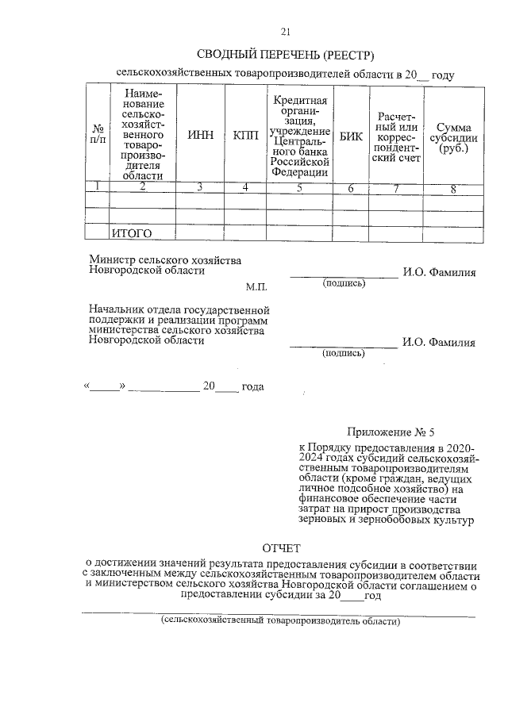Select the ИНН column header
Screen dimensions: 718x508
pos(200,136)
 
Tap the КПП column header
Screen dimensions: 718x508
pos(246,136)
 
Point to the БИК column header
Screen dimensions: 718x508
pos(351,136)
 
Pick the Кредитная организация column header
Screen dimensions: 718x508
pos(299,136)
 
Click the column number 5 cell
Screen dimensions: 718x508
pos(299,188)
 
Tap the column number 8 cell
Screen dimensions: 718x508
pos(452,188)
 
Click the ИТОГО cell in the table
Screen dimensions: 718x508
pos(131,233)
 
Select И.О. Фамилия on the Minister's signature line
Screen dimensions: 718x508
pos(438,272)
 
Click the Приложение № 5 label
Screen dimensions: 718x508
pos(391,432)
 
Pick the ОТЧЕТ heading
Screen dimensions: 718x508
pos(283,548)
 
